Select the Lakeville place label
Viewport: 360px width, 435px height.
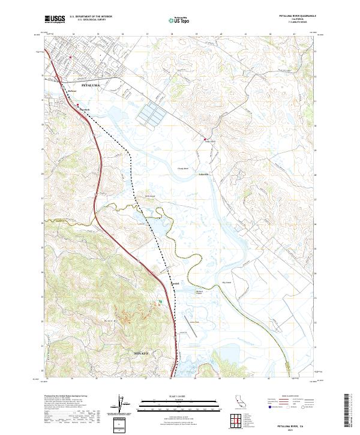pyautogui.click(x=204, y=175)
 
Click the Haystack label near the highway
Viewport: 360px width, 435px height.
pyautogui.click(x=85, y=109)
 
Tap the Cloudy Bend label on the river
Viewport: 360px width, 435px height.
pyautogui.click(x=182, y=169)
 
